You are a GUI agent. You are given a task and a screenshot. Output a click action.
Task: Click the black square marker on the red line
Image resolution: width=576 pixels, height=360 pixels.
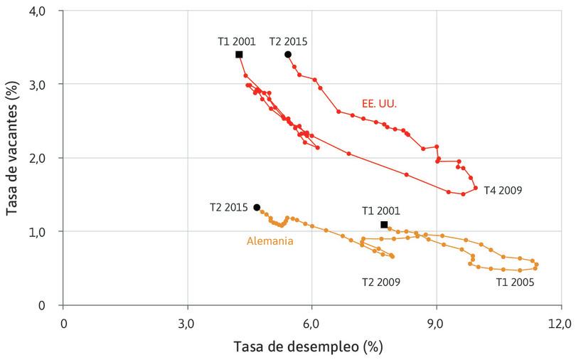pos(239,55)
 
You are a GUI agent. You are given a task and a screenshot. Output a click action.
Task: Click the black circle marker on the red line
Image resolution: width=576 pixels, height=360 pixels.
pos(288,55)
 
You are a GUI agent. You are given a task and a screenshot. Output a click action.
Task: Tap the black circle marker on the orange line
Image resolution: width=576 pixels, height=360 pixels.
pos(257,207)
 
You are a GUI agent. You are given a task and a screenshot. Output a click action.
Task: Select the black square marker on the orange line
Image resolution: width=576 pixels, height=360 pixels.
pos(384,225)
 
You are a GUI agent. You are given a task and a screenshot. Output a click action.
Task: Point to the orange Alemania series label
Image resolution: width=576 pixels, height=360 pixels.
pos(270,241)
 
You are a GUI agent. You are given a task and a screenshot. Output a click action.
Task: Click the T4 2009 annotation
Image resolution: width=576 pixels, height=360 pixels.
pos(503,191)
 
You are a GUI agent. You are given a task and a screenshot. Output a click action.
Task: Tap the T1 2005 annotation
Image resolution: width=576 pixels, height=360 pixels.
pos(515,282)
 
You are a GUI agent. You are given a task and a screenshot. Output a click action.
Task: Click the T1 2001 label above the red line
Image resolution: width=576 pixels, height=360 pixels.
pos(236,41)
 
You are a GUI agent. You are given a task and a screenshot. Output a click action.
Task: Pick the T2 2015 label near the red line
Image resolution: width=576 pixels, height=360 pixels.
pos(288,41)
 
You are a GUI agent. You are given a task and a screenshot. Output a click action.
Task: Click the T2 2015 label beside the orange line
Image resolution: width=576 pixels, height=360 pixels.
pos(229,208)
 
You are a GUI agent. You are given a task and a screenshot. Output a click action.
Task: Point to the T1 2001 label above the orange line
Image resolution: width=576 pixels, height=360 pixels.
pos(381,211)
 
